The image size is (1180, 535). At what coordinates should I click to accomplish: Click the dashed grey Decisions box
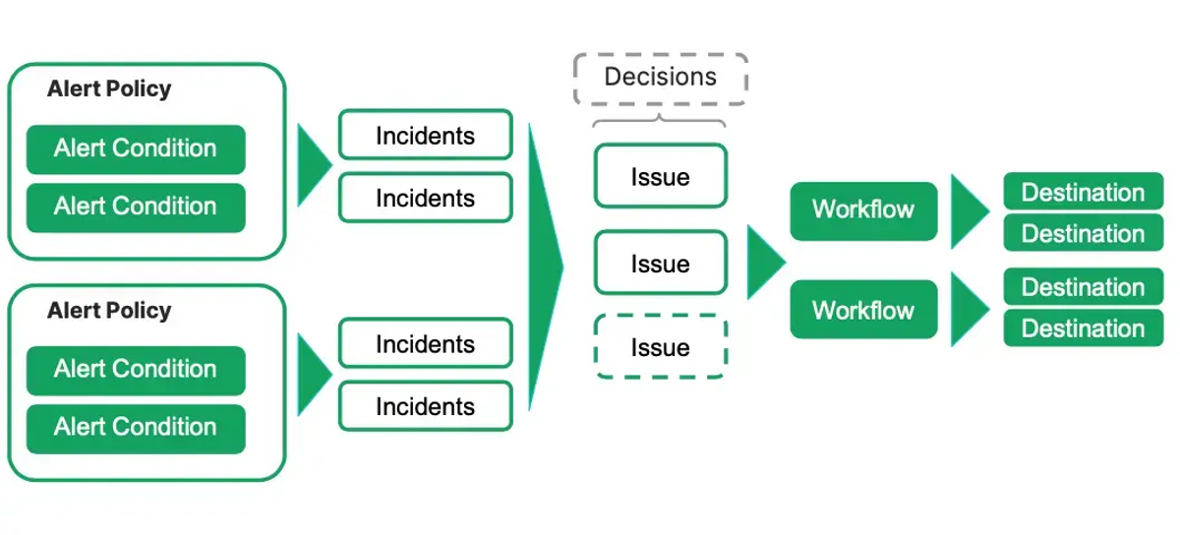click(660, 79)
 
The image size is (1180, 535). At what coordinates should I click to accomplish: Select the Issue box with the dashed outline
click(660, 348)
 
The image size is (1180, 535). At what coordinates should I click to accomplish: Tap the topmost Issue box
click(660, 177)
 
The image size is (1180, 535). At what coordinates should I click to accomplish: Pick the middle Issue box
click(660, 264)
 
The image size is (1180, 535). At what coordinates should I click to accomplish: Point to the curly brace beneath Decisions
click(660, 121)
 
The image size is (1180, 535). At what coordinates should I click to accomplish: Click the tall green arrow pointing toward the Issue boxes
click(544, 266)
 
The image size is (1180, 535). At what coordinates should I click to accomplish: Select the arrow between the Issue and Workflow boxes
click(764, 262)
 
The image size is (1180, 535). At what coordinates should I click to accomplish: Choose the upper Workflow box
click(863, 209)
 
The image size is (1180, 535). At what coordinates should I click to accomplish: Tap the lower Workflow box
click(863, 311)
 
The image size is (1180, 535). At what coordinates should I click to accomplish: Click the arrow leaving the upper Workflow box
click(968, 211)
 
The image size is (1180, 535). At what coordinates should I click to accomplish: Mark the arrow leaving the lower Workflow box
click(968, 309)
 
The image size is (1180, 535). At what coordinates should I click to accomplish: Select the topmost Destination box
click(1083, 193)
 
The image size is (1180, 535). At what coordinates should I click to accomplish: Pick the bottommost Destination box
click(1083, 328)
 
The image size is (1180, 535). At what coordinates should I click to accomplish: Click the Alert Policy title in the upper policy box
click(109, 89)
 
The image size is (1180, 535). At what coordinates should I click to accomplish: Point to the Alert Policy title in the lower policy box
click(109, 311)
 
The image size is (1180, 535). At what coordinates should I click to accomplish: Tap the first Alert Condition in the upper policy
click(136, 149)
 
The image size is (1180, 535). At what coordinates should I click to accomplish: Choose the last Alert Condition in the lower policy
click(136, 427)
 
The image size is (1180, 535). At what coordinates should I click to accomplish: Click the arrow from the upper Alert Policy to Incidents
click(314, 164)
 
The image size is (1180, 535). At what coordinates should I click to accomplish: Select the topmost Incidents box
click(425, 136)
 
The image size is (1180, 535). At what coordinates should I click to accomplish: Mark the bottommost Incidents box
click(425, 406)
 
